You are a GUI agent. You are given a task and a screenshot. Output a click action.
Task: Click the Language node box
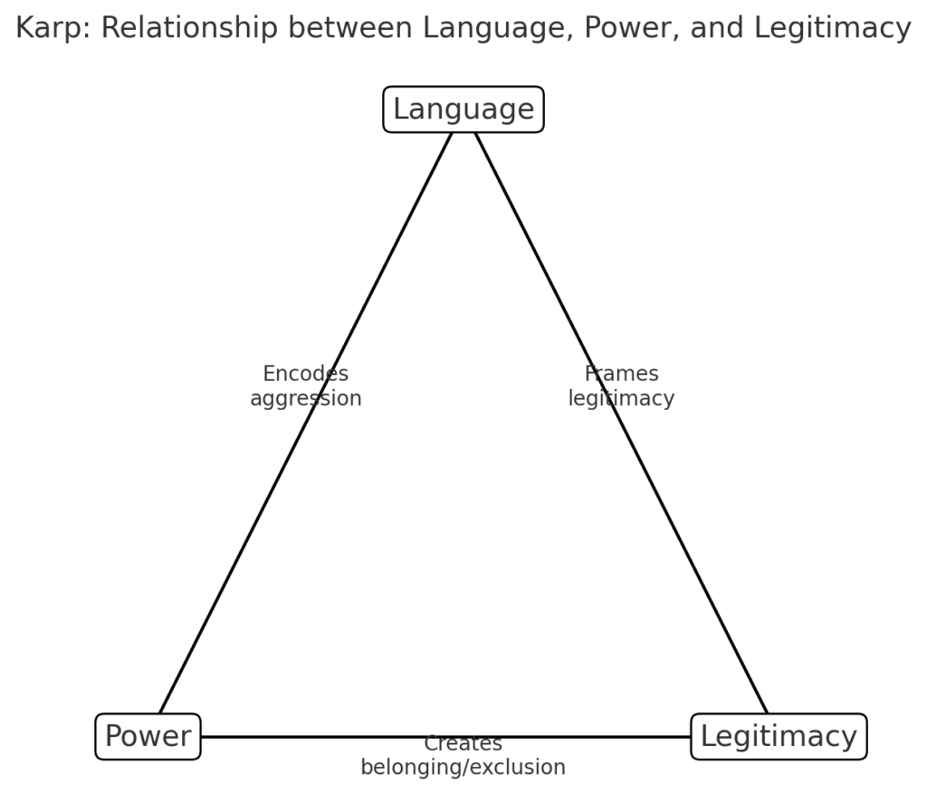[463, 110]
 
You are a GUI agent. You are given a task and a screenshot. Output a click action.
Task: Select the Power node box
[148, 736]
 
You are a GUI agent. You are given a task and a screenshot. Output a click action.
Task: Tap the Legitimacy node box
[779, 736]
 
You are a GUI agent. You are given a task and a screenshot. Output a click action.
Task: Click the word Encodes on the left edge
[305, 374]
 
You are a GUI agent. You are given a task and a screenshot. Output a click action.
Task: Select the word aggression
[305, 398]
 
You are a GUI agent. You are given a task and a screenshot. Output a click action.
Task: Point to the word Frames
[621, 374]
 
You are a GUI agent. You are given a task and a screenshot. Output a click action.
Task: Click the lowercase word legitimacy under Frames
[621, 398]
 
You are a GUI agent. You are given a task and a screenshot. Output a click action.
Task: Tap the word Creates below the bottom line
[463, 744]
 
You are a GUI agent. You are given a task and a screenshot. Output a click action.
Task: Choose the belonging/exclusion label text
[463, 768]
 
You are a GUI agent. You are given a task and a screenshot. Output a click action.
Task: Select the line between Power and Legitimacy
[317, 737]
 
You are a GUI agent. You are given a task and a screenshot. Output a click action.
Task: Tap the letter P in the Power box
[114, 736]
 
